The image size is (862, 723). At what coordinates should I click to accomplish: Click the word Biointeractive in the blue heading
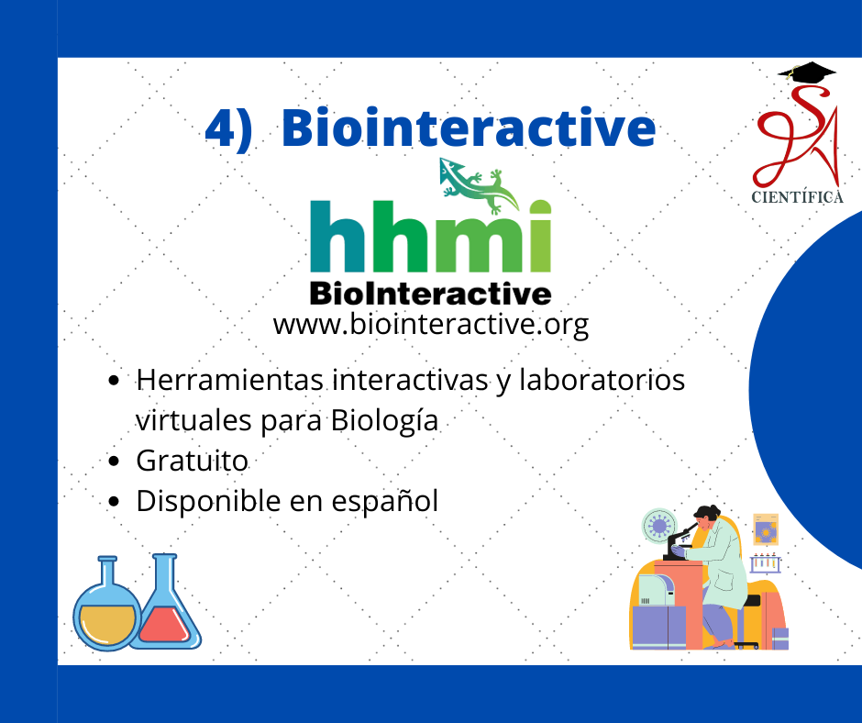[469, 128]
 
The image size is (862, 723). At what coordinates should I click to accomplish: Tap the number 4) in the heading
[228, 128]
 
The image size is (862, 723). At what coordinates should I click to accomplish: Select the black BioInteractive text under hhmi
[430, 294]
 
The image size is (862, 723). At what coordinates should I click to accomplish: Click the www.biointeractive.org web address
[430, 324]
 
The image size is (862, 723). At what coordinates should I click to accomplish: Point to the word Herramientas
[229, 380]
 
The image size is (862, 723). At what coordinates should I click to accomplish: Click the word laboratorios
[602, 380]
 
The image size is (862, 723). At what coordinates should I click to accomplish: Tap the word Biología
[385, 421]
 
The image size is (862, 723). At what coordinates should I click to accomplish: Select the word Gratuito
[192, 461]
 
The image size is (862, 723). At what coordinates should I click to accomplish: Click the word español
[385, 502]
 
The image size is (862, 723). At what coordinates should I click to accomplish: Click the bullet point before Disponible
[114, 501]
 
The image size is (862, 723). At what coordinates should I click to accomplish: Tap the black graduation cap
[806, 72]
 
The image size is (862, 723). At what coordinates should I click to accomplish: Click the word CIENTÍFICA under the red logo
[797, 197]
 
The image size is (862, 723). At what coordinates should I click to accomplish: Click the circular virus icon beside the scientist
[658, 526]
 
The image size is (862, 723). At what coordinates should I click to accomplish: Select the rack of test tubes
[765, 562]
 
